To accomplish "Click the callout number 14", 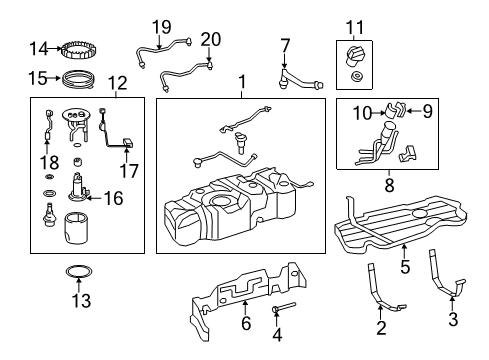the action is (39, 49).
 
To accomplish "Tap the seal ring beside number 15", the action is (78, 79).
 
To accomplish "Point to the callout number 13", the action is (81, 300).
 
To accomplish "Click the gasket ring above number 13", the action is (79, 271).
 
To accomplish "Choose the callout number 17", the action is (129, 171).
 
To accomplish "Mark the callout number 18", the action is (49, 162).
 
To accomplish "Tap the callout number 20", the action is (211, 39).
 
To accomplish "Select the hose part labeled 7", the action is (300, 80).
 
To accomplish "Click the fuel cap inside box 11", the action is (354, 56).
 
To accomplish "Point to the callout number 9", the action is (427, 111).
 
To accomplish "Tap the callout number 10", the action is (362, 113).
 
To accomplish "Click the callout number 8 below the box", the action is (389, 185).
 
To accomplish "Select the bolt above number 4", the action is (284, 307).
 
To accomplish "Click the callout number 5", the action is (405, 266).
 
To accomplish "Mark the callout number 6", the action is (246, 323).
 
